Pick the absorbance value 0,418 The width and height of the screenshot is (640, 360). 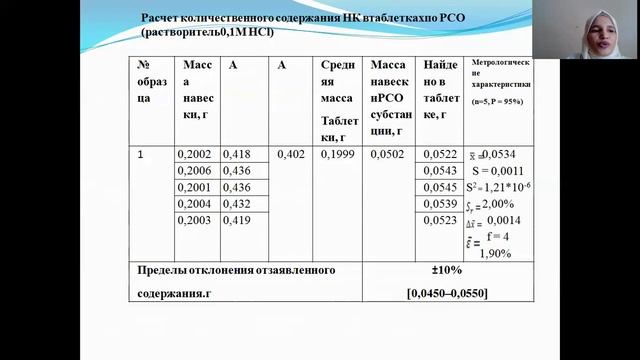click(x=235, y=154)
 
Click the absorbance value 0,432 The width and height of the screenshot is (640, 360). click(x=235, y=204)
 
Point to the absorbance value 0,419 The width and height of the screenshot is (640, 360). click(x=235, y=221)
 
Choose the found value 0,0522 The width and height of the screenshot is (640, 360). click(x=440, y=154)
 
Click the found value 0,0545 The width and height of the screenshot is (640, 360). click(x=440, y=187)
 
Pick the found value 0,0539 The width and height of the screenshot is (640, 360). click(x=440, y=204)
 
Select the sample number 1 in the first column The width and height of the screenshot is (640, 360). click(x=141, y=154)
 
